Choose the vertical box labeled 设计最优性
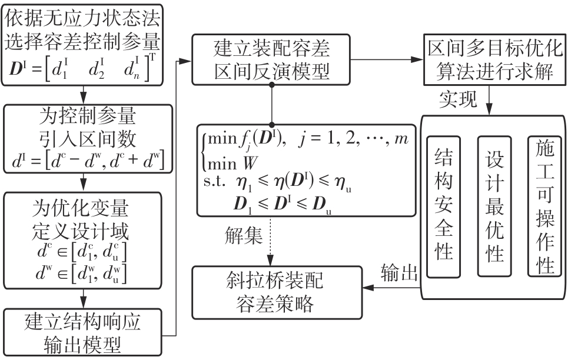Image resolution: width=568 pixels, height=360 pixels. (494, 206)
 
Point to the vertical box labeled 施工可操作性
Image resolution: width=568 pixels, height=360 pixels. (542, 206)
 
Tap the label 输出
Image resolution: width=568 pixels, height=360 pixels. (399, 272)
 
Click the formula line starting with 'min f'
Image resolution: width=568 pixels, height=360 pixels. (282, 141)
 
